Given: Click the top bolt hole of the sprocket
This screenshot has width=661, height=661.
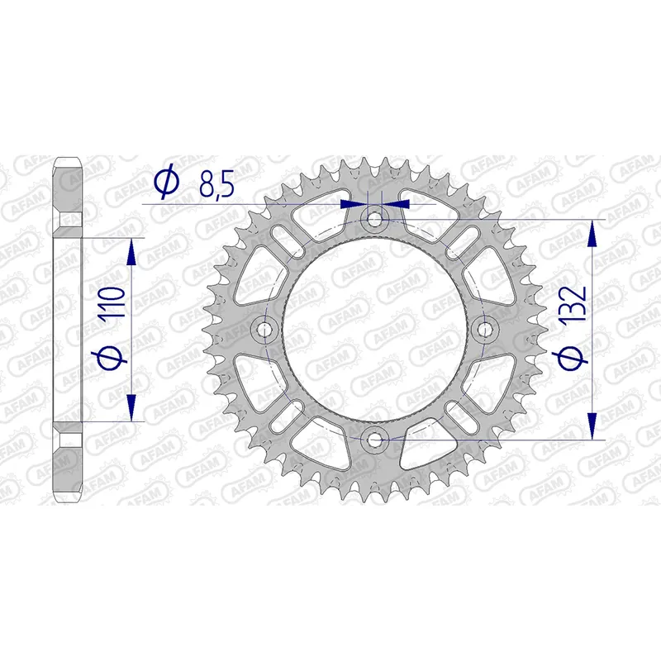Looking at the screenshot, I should click(375, 219).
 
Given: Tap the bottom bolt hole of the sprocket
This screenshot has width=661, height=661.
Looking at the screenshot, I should click(375, 440).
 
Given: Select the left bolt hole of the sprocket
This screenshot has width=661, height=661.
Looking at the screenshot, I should click(265, 330).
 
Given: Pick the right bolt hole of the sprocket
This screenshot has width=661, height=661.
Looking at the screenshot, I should click(485, 330).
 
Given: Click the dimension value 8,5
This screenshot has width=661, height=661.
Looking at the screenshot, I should click(216, 183).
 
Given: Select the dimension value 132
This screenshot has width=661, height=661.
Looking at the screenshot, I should click(575, 303).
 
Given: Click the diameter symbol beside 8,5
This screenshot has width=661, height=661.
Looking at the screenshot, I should click(166, 183).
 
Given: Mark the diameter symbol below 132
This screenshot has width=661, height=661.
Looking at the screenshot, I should click(575, 357).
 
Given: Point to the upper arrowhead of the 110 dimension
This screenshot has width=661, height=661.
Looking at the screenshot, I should click(131, 252).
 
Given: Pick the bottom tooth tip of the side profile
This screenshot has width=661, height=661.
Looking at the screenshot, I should click(69, 497).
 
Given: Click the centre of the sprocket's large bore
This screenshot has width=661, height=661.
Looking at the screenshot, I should click(375, 330).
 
